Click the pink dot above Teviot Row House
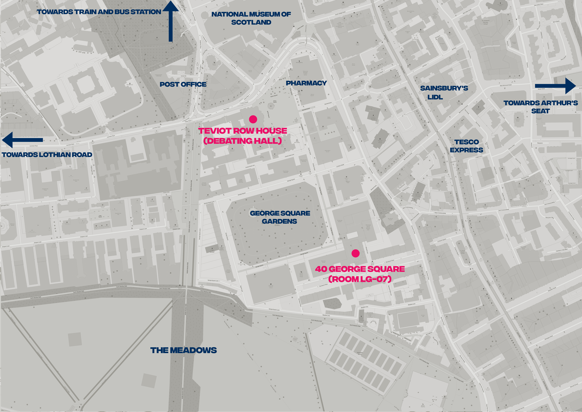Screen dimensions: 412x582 pos(253,119)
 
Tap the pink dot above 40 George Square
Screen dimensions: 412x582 pos(355,253)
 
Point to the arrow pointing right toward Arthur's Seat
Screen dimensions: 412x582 pos(555,86)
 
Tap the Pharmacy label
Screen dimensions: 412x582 pos(306,83)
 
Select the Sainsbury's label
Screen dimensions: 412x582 pos(444,88)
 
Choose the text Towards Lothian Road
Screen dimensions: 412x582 pos(47,155)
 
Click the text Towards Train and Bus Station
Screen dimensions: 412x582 pos(99,12)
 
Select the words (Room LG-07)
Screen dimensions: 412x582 pos(360,279)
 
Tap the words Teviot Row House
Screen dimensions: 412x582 pos(243,131)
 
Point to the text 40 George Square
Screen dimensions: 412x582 pos(360,269)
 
